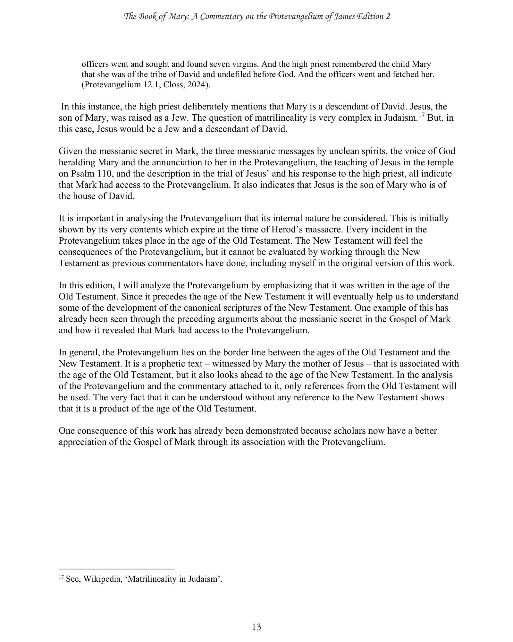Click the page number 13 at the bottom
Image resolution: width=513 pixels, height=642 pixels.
click(256, 627)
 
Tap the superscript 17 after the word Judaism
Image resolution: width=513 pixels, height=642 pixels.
click(422, 115)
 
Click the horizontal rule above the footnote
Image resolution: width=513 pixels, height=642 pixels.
click(117, 569)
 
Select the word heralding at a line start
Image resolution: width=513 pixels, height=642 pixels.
click(74, 162)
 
